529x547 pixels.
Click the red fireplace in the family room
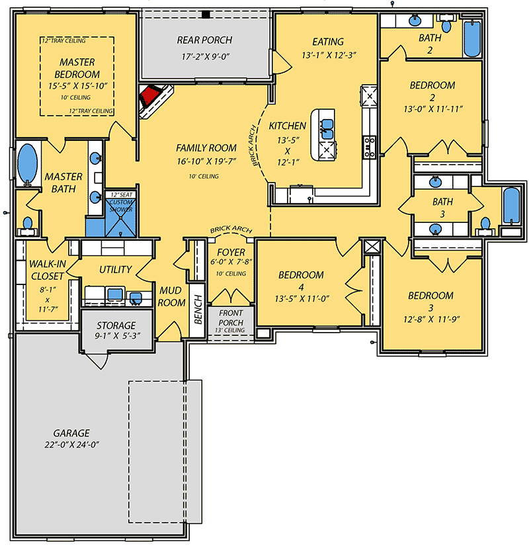click(151, 98)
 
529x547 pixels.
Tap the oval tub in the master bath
click(27, 164)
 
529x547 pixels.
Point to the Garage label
click(72, 433)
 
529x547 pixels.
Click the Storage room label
click(116, 325)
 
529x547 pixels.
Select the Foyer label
click(231, 252)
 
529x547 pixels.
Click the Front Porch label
click(231, 317)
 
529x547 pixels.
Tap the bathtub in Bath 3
click(512, 206)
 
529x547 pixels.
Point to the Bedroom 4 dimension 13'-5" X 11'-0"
click(301, 298)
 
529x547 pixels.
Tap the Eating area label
click(329, 42)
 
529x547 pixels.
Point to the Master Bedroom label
click(77, 68)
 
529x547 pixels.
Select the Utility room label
click(116, 269)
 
